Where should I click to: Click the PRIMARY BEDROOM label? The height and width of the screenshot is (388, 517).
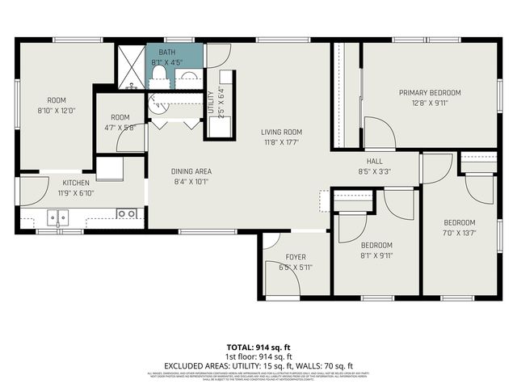[x=430, y=93]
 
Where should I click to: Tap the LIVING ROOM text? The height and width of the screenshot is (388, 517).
[x=281, y=132]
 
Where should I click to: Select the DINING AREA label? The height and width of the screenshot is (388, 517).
[x=191, y=171]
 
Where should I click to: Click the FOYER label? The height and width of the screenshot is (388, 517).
[x=295, y=257]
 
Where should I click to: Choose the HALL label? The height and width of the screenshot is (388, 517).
[x=374, y=161]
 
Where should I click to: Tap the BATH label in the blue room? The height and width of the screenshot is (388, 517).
[x=166, y=52]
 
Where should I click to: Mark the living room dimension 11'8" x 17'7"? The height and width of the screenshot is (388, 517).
[x=281, y=142]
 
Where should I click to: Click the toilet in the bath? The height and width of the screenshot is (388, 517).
[x=159, y=77]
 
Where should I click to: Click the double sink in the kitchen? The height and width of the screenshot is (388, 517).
[x=58, y=216]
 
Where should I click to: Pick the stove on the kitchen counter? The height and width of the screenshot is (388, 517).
[x=126, y=214]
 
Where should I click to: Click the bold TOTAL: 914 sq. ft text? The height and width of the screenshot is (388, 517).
[x=258, y=347]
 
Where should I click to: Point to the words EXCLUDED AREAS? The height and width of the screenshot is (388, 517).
[x=197, y=365]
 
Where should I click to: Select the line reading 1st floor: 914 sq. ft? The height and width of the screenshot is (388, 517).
[x=258, y=356]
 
